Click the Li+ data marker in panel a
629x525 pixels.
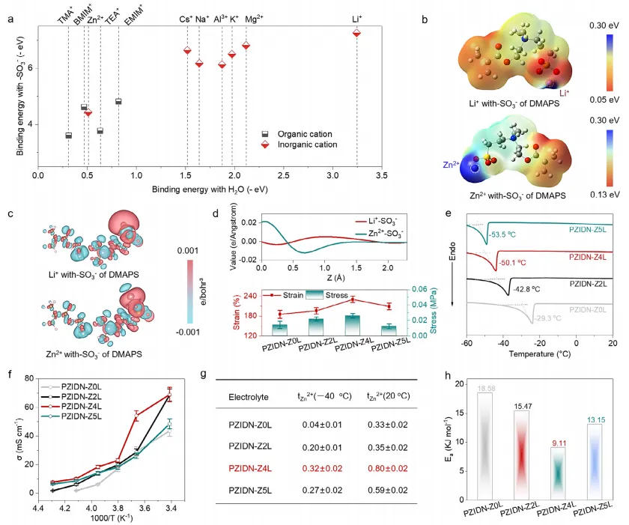pyautogui.click(x=356, y=32)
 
